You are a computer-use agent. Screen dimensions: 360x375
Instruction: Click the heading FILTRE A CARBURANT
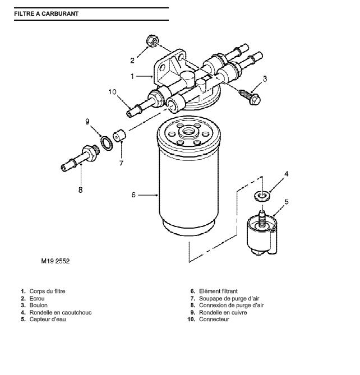(46, 13)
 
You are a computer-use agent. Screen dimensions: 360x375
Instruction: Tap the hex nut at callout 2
(151, 41)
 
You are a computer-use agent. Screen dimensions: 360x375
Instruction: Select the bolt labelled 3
(250, 97)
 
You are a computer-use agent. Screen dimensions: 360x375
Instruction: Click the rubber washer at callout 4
(262, 196)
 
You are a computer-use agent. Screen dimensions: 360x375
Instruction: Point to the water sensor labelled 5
(262, 233)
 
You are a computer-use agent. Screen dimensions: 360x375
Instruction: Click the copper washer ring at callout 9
(107, 143)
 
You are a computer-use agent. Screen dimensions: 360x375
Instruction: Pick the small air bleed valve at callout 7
(119, 136)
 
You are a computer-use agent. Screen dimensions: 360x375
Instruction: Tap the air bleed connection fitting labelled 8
(80, 158)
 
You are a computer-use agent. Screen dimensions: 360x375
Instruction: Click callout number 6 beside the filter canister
(133, 195)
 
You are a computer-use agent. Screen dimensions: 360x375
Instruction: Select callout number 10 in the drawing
(112, 92)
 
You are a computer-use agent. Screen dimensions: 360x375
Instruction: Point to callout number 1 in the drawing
(132, 76)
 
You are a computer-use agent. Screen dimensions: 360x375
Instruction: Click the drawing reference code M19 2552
(56, 261)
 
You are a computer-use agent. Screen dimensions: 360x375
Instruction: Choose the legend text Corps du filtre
(47, 291)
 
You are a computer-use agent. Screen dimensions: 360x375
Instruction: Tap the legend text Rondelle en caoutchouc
(61, 312)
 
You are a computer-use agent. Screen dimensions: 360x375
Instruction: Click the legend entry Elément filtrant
(218, 291)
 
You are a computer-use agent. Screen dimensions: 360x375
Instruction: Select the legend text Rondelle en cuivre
(223, 312)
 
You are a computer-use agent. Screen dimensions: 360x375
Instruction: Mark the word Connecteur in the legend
(214, 320)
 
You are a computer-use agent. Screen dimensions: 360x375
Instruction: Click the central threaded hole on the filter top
(189, 131)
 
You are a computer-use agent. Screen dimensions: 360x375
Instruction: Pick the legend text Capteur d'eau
(48, 320)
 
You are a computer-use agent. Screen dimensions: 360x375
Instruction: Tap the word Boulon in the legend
(38, 305)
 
